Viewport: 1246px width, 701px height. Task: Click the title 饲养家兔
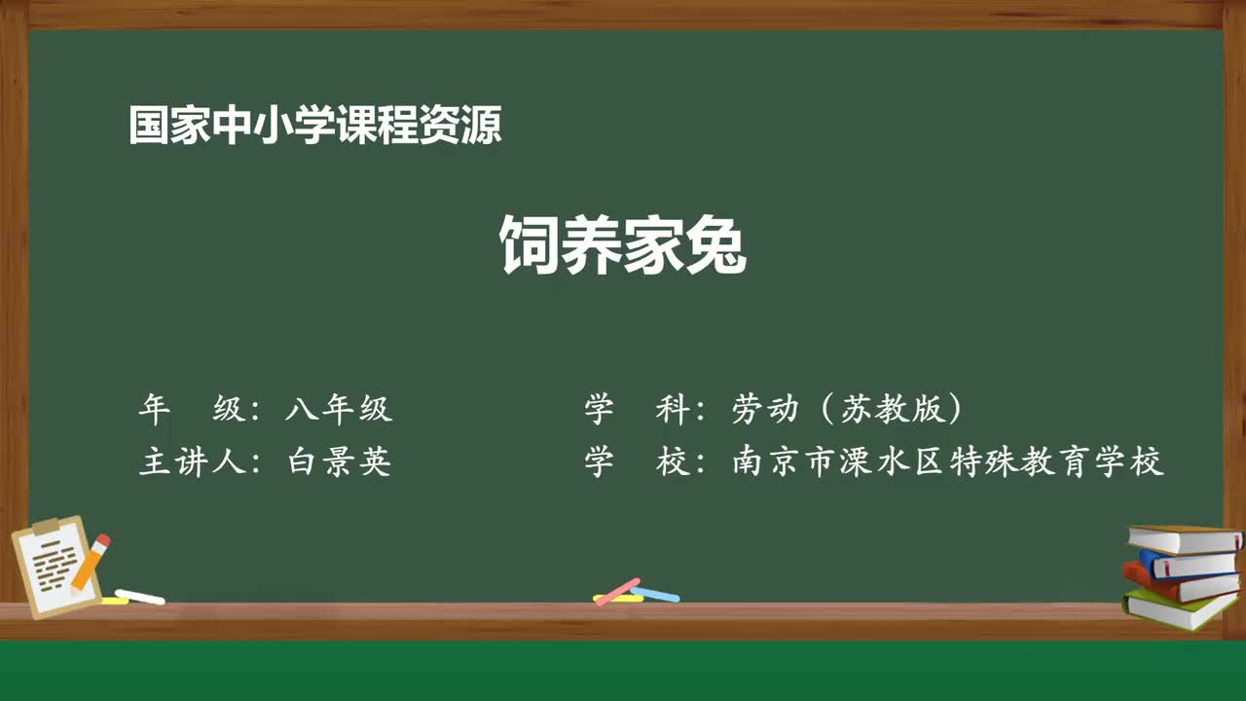point(623,245)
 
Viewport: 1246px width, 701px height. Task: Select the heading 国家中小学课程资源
point(314,127)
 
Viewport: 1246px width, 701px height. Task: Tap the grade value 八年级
point(339,410)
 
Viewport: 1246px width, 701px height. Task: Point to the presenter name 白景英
point(339,461)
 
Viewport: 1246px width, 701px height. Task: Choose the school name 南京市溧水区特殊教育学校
point(947,461)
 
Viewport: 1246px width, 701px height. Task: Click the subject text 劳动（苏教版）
point(847,410)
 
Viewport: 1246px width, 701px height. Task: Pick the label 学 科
point(638,410)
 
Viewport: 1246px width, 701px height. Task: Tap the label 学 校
point(638,461)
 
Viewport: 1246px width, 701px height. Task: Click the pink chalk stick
point(617,591)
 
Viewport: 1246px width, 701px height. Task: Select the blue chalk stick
point(655,593)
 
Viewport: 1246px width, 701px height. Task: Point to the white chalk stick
point(140,596)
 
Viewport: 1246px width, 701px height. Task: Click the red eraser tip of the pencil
point(102,540)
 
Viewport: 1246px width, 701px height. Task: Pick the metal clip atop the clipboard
point(47,526)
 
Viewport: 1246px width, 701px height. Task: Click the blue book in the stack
point(1188,564)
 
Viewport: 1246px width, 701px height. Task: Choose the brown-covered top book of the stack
point(1184,538)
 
